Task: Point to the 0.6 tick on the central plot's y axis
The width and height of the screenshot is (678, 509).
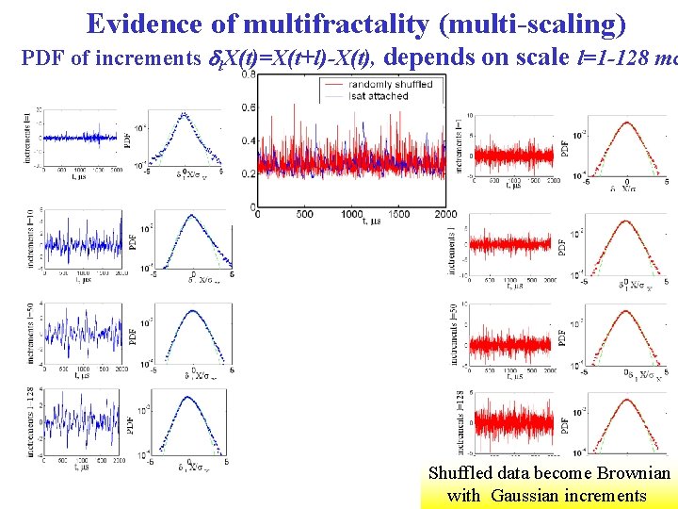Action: [x=248, y=107]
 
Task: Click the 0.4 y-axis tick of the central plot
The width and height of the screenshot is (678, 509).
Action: [x=248, y=140]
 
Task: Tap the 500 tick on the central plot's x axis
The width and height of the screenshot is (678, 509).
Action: [x=304, y=215]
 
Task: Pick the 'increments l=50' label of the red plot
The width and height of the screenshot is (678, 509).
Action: [x=455, y=335]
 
